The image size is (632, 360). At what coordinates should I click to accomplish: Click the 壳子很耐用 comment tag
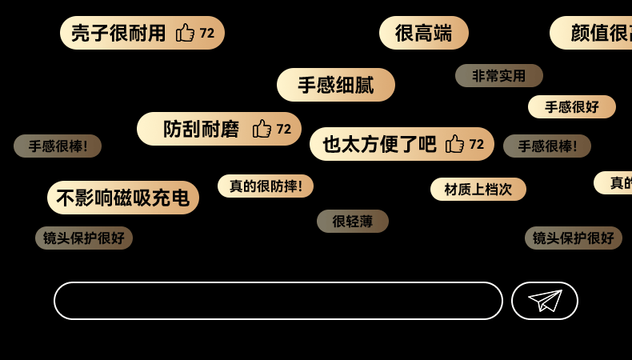point(118,33)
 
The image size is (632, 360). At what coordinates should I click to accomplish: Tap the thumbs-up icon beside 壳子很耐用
point(185,33)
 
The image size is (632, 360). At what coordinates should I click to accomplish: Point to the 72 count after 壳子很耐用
point(207,33)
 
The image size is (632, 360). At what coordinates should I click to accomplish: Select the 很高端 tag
point(423,33)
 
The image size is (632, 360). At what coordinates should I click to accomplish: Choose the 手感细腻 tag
point(335,85)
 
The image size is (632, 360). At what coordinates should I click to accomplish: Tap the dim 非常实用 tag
point(498,76)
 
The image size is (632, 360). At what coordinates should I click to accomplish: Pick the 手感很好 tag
point(571,107)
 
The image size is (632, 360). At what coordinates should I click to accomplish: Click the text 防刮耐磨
point(201,129)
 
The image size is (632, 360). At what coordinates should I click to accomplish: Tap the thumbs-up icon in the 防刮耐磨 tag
point(262,129)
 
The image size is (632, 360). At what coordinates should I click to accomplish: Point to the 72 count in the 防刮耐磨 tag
point(284,129)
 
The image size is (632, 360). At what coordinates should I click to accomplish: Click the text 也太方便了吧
point(379,144)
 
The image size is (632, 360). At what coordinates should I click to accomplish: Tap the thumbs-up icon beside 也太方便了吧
point(454,144)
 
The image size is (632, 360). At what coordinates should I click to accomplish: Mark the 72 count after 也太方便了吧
point(477,144)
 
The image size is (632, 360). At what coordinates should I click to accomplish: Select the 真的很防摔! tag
point(266,186)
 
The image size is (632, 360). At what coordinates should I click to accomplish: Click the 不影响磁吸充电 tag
point(122,198)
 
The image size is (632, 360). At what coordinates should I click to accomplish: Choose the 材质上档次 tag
point(478,190)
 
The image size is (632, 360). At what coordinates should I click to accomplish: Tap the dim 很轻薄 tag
point(352,222)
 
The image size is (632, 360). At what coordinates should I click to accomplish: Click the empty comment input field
point(278,301)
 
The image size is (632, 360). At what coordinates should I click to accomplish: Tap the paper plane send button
point(544,301)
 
